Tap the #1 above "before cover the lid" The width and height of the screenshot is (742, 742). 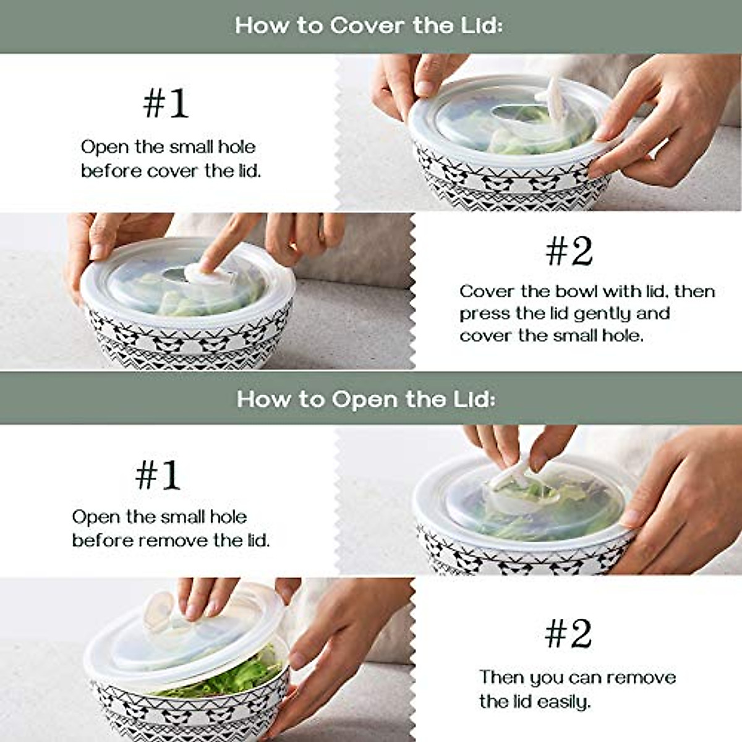165,103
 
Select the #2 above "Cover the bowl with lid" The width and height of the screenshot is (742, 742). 568,251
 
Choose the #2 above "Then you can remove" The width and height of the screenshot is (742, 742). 568,634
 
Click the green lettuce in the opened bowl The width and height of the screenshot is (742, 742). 229,677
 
